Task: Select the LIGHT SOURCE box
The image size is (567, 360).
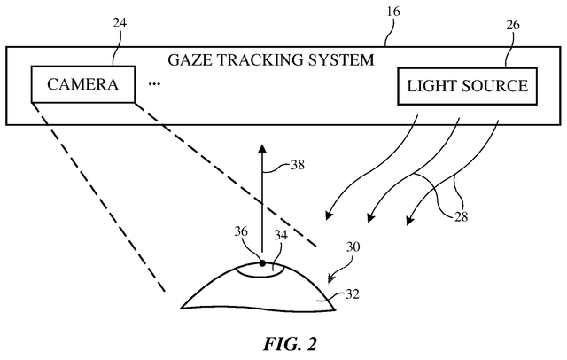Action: coord(467,86)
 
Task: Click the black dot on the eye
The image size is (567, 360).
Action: coord(262,262)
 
